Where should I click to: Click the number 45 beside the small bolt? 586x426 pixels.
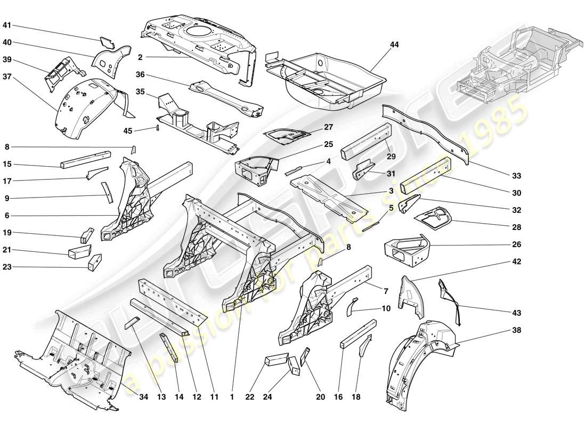(x=128, y=130)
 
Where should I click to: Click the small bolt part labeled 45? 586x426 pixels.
(x=158, y=128)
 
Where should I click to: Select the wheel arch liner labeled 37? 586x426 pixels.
(x=85, y=104)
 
